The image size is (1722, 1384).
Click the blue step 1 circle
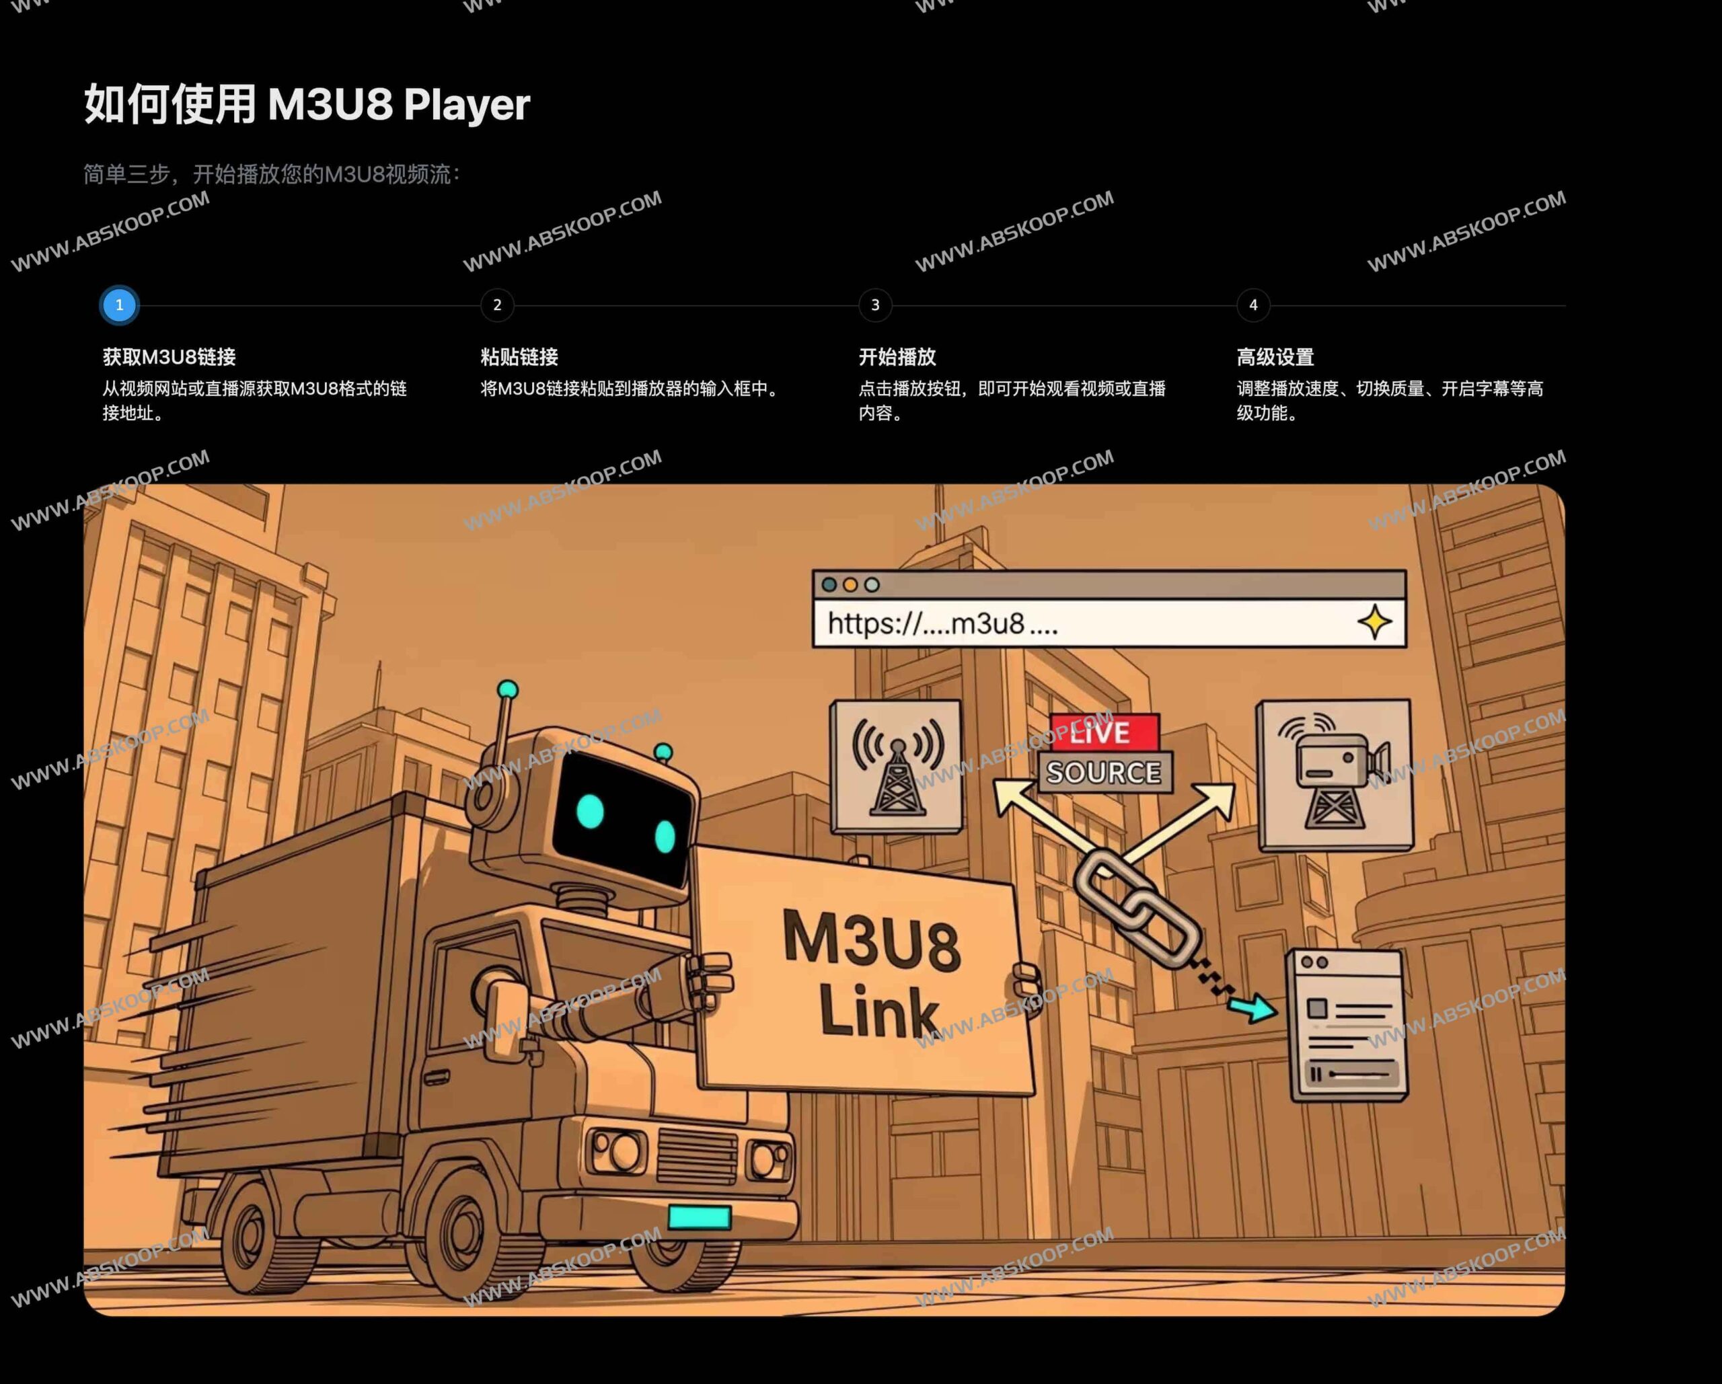pos(120,305)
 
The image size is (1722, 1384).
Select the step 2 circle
pos(497,305)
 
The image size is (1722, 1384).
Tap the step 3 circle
pos(875,305)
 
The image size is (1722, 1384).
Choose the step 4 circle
pos(1253,305)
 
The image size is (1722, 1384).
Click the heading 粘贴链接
pos(519,357)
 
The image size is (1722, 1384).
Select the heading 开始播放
pos(897,357)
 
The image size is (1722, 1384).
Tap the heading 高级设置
pos(1275,357)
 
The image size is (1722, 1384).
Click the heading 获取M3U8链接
pos(170,357)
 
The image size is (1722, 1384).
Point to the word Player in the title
pos(465,105)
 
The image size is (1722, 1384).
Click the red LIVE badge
pos(1105,731)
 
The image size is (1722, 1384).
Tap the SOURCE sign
pos(1105,772)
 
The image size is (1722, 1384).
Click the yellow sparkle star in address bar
pos(1374,622)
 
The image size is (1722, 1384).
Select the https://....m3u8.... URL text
pos(942,623)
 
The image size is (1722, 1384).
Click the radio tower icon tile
pos(897,767)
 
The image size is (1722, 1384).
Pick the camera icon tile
pos(1335,775)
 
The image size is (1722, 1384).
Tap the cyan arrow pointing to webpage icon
pos(1252,1008)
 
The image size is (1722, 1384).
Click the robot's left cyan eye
pos(590,812)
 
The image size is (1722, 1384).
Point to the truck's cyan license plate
pos(699,1217)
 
